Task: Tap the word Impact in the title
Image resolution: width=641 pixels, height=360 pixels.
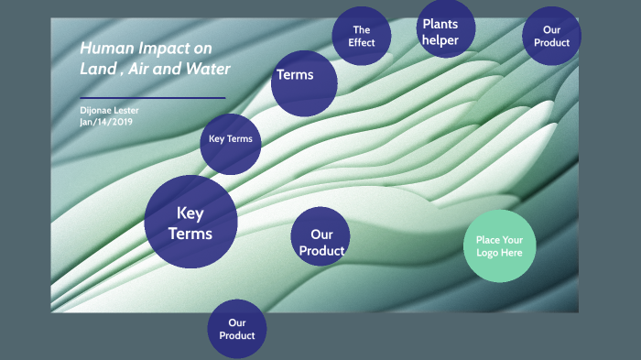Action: [160, 49]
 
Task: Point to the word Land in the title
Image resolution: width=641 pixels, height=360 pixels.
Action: [96, 69]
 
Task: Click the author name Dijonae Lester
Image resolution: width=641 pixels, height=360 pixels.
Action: [109, 111]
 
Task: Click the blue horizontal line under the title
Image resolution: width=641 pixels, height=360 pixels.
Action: [152, 97]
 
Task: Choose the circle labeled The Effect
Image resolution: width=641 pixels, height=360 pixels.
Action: [361, 37]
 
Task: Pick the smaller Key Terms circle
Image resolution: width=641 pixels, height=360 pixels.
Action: [231, 140]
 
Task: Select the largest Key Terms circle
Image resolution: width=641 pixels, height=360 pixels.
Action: [190, 223]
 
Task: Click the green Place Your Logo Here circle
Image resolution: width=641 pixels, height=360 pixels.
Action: [499, 245]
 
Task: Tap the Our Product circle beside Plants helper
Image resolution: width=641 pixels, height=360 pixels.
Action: [551, 36]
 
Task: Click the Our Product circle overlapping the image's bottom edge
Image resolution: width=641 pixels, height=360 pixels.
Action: [236, 329]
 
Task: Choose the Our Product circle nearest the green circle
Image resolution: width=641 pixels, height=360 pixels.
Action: [320, 236]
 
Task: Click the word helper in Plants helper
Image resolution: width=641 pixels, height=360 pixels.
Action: [440, 39]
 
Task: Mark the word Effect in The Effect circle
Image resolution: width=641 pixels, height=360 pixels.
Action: [362, 43]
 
